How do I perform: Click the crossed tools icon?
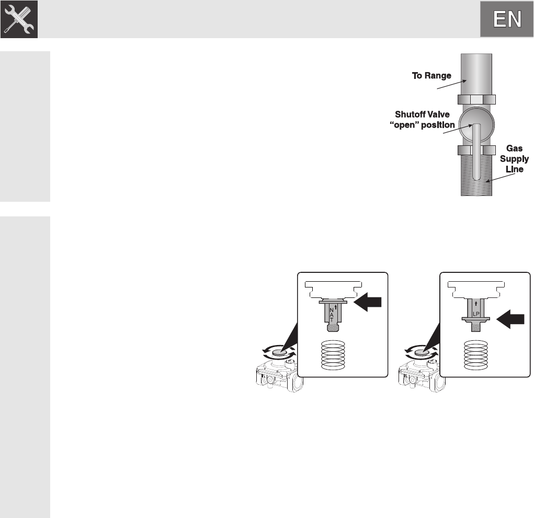(19, 19)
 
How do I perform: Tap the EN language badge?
(507, 19)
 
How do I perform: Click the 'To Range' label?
(431, 76)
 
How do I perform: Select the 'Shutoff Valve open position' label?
(422, 120)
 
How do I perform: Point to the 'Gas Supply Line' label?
(514, 158)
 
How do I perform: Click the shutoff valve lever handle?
(476, 152)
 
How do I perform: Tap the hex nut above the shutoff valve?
(476, 99)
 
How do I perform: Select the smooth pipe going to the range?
(476, 74)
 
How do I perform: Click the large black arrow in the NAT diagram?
(368, 302)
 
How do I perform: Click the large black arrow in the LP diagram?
(510, 319)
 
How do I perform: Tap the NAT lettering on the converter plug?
(332, 315)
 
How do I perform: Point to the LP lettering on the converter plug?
(476, 314)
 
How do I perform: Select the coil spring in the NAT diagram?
(333, 355)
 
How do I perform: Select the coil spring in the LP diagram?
(476, 355)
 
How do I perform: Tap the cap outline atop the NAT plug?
(333, 289)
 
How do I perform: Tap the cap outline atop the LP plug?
(476, 289)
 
